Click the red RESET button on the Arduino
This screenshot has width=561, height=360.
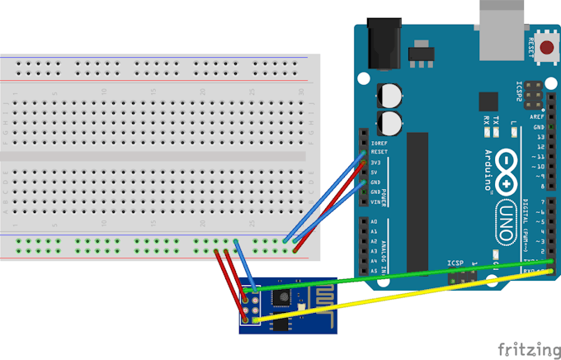coord(545,51)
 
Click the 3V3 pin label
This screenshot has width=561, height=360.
coord(377,162)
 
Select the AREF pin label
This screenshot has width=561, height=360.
coord(538,117)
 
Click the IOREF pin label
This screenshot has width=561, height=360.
coord(379,142)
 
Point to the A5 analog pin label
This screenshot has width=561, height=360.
coord(373,270)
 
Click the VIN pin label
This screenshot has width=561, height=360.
coord(375,201)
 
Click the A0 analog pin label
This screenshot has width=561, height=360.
coord(373,221)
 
